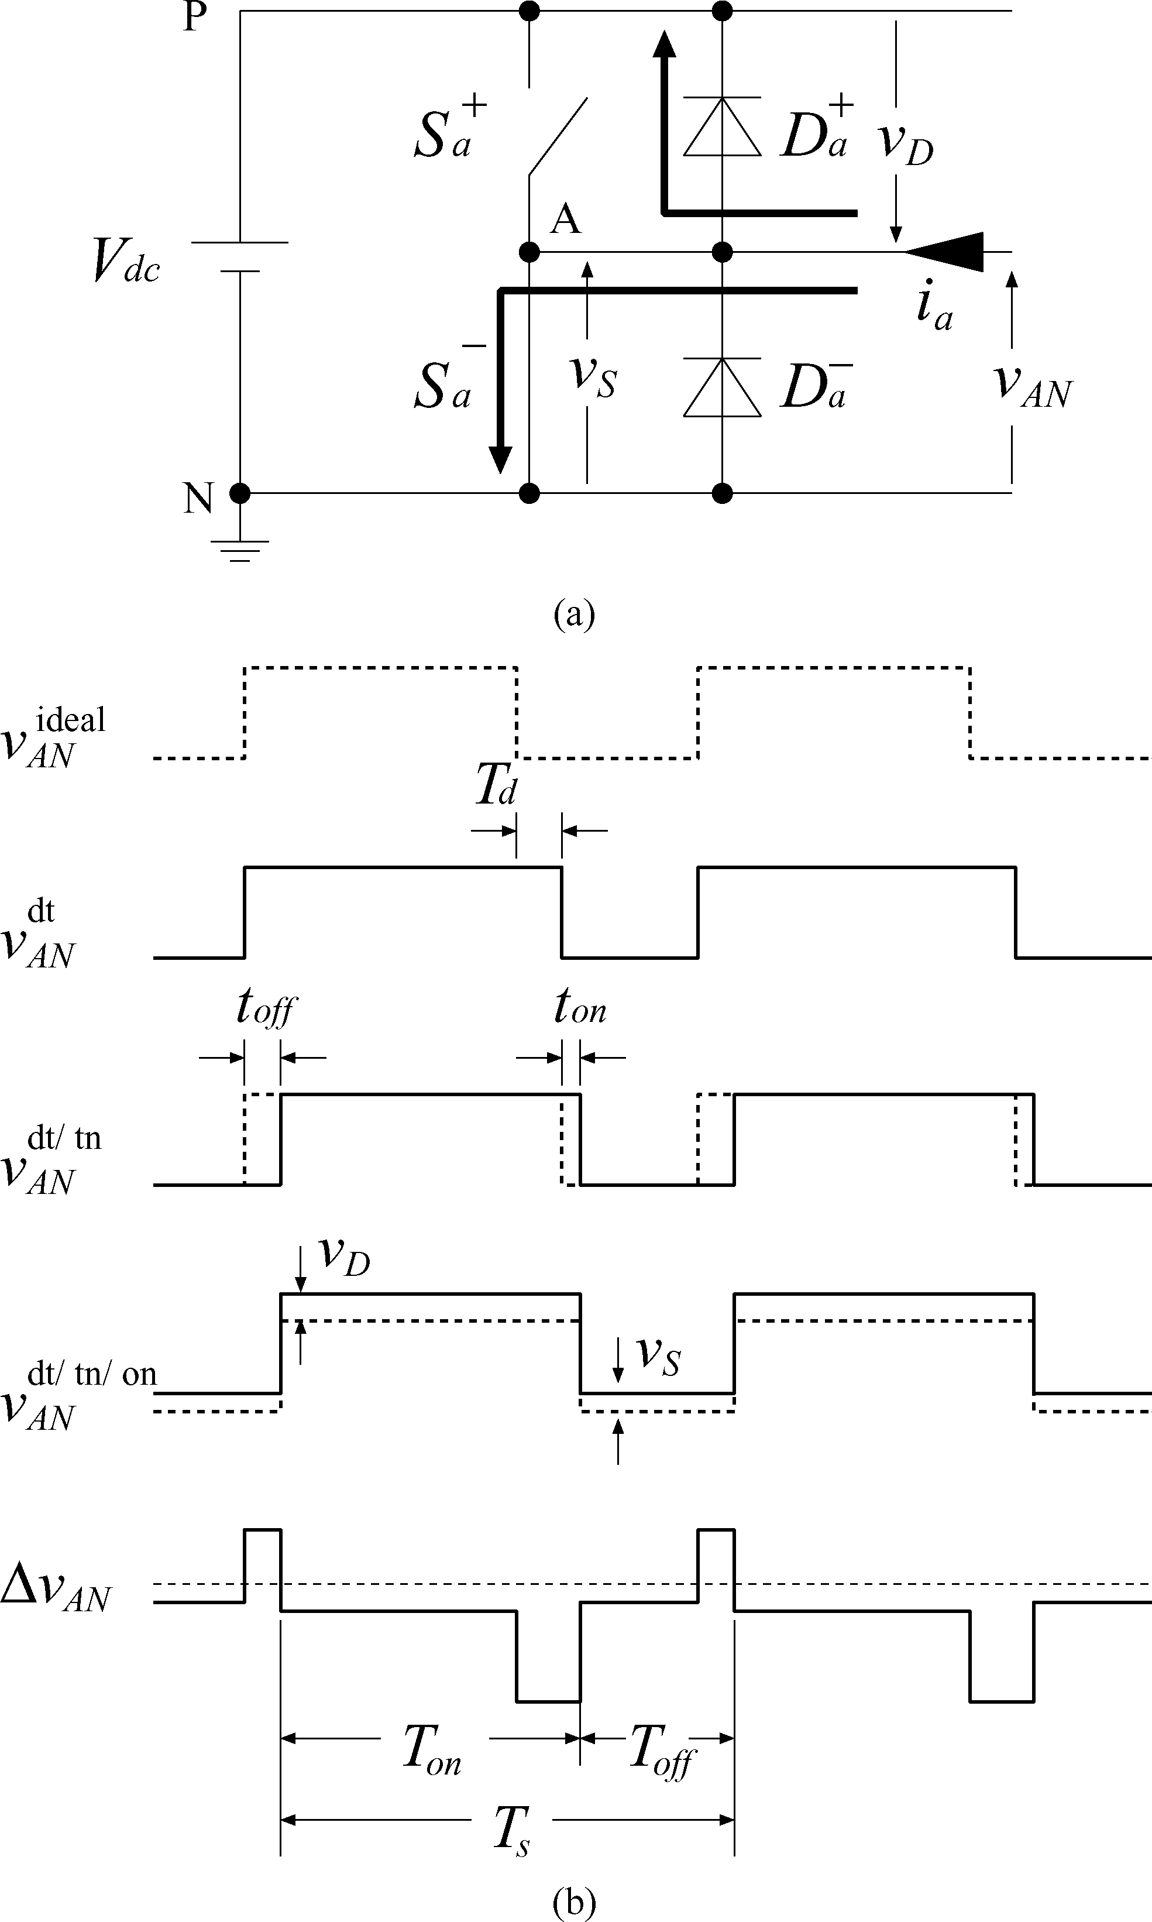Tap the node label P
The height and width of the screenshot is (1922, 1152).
(195, 17)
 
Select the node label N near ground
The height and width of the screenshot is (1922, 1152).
(198, 498)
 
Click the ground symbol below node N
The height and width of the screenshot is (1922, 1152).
(240, 549)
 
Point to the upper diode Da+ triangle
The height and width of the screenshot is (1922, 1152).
(722, 128)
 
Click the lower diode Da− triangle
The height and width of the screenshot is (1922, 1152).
(722, 388)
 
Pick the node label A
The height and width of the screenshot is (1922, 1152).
(565, 221)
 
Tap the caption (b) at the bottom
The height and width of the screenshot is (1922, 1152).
(575, 1900)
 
